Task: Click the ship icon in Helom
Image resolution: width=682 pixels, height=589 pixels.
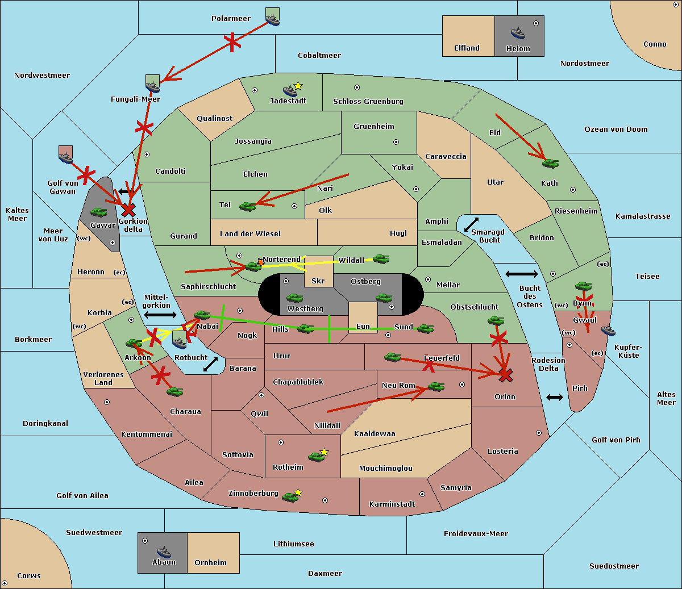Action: click(x=518, y=33)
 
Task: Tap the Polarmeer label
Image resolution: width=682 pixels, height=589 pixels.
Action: click(x=231, y=19)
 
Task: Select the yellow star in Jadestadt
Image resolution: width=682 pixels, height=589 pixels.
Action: click(x=298, y=86)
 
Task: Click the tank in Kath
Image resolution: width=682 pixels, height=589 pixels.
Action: click(x=550, y=163)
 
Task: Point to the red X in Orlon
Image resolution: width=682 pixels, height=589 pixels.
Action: click(x=505, y=375)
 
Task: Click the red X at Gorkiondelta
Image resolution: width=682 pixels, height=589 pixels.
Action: click(x=128, y=210)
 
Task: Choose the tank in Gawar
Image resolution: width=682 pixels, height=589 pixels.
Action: click(x=98, y=212)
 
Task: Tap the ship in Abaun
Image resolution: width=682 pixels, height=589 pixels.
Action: click(x=164, y=552)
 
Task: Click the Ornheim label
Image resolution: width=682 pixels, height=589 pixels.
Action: click(x=210, y=562)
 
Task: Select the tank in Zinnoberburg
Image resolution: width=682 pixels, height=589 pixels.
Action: click(x=290, y=497)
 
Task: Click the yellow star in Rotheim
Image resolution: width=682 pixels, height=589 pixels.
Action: click(x=325, y=452)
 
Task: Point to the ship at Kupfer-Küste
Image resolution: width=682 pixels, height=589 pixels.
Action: click(x=608, y=331)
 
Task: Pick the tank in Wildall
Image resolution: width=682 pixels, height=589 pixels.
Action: click(x=381, y=259)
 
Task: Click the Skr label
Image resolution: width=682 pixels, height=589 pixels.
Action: click(x=318, y=281)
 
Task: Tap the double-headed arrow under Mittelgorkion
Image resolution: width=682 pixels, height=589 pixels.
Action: click(x=160, y=315)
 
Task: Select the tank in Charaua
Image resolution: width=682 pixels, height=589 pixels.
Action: click(x=174, y=392)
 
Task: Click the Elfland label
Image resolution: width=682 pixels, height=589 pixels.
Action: click(x=467, y=48)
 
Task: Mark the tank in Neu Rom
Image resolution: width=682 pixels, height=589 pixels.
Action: click(x=436, y=386)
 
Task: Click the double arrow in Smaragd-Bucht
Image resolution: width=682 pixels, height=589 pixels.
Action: click(x=471, y=224)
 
